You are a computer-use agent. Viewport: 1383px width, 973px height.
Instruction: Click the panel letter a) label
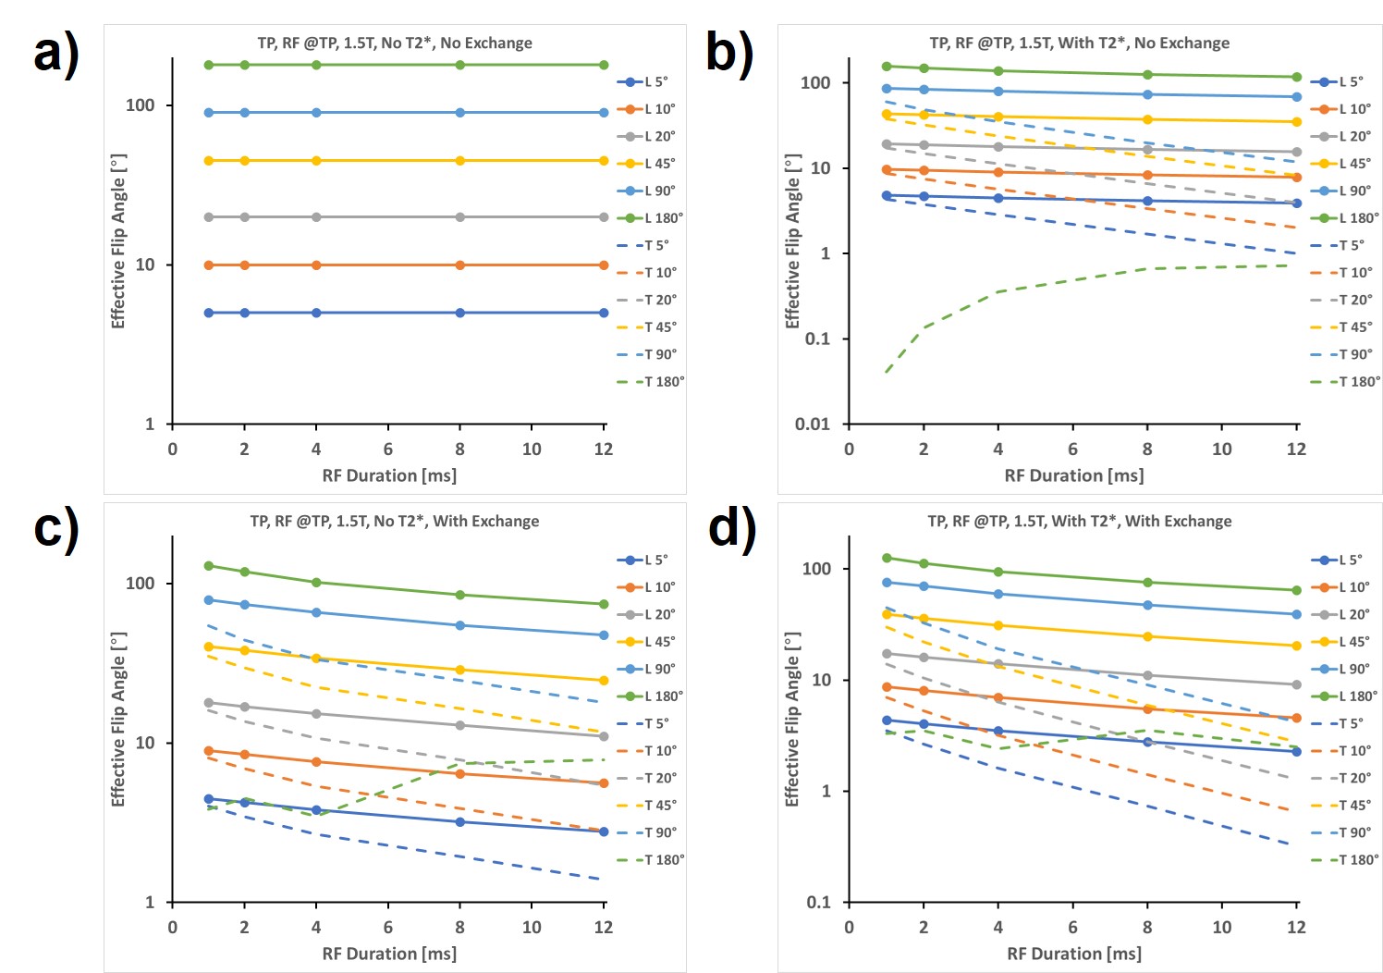(55, 54)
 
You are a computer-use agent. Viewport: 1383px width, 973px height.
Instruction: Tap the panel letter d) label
(731, 528)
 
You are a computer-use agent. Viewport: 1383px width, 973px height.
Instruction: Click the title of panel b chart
(1079, 43)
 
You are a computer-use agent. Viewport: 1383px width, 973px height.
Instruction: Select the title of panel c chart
(394, 521)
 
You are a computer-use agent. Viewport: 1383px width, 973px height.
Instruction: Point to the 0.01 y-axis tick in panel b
(813, 424)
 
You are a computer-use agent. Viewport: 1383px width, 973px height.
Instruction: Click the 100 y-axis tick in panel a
(141, 105)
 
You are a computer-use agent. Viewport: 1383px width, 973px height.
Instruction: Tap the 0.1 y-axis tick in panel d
(818, 902)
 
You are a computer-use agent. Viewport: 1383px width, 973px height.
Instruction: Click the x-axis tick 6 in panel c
(388, 927)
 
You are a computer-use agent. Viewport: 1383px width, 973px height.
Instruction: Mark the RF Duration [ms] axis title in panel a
(389, 475)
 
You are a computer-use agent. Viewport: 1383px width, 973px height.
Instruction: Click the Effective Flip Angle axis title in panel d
(792, 720)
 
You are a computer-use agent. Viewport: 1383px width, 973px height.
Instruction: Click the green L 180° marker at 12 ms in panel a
(604, 65)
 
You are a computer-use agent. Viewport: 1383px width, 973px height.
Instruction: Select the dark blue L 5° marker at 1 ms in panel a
(209, 313)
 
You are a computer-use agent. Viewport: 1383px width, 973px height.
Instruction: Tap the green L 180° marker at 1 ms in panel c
(209, 565)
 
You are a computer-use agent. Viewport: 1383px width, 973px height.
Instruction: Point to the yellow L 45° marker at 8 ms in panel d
(1147, 636)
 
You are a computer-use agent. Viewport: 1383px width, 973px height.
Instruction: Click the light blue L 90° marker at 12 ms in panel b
(1296, 96)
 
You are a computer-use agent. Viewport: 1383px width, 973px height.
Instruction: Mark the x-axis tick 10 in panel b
(1221, 449)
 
